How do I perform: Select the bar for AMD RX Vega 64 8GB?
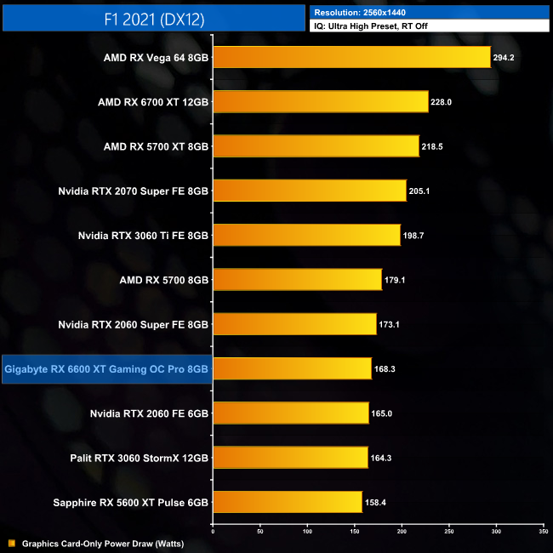[x=351, y=58]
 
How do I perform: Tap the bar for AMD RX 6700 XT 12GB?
[x=320, y=102]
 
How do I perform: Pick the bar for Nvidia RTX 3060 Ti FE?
[x=306, y=235]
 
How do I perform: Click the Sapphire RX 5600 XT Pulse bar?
[x=288, y=502]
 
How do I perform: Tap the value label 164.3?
[x=381, y=458]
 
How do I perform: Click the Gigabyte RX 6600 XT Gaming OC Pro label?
[x=106, y=369]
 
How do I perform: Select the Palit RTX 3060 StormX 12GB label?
[x=140, y=458]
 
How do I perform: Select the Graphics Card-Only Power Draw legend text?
[x=103, y=543]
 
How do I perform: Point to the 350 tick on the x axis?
[x=543, y=530]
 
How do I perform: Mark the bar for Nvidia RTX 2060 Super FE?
[x=294, y=324]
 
